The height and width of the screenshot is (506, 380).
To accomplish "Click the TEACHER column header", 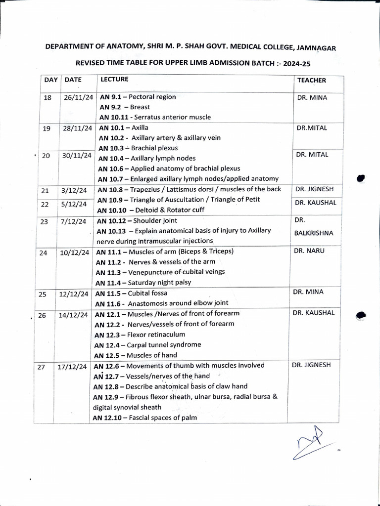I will [311, 80].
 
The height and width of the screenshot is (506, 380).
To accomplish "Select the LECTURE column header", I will [114, 79].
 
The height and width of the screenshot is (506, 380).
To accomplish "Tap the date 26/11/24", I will [78, 97].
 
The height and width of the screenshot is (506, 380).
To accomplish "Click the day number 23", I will [45, 221].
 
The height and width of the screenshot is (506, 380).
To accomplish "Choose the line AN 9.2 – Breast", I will [125, 107].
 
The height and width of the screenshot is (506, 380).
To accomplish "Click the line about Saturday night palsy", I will [142, 283].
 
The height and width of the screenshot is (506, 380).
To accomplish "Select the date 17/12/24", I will [73, 367].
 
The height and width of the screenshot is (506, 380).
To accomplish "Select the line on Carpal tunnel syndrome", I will [147, 344].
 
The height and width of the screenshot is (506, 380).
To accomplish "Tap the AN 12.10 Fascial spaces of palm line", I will [144, 418].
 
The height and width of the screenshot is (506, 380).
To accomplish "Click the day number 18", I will [47, 98].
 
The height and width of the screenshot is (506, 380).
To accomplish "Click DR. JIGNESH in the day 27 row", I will [311, 365].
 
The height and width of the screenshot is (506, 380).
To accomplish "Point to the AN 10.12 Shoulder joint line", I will [137, 220].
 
